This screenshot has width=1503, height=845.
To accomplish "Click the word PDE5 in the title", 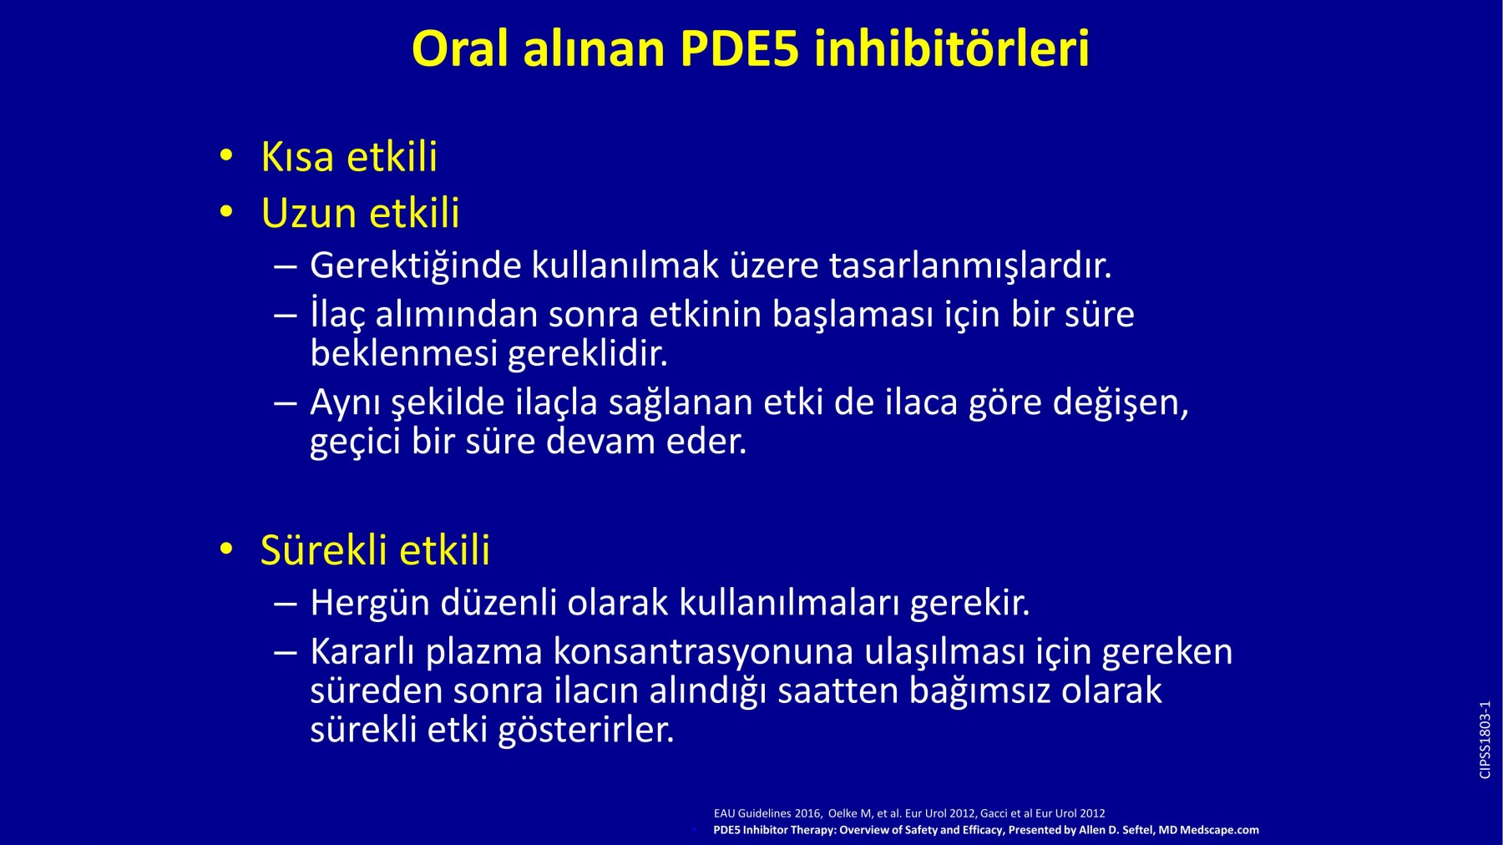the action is (740, 48).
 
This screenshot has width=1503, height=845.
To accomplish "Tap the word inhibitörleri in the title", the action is (952, 48).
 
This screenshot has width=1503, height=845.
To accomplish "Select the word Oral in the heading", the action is (460, 48).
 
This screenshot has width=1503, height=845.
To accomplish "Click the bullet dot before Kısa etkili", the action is (225, 156).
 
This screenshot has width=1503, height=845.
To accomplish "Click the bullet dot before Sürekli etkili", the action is (225, 549).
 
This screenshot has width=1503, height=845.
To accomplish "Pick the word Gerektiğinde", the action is (415, 266).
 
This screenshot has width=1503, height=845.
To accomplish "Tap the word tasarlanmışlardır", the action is (970, 266).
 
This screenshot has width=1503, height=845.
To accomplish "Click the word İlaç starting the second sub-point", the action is (337, 315).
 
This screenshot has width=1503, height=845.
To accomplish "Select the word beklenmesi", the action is (404, 353).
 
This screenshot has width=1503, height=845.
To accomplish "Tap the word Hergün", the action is (369, 603).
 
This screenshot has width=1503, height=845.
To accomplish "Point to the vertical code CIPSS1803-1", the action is (1485, 740).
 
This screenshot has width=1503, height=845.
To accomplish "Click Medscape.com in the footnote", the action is (1219, 830).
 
